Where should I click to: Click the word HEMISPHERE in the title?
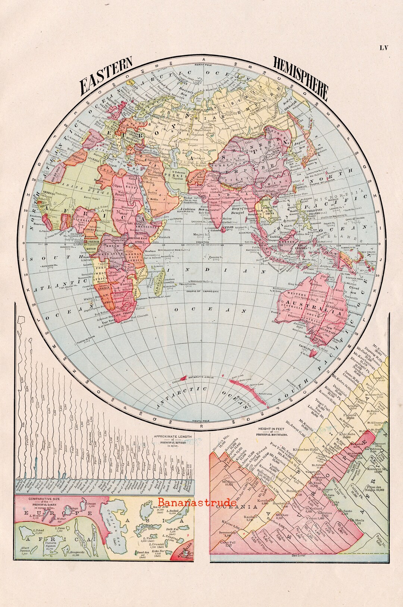[x=301, y=78]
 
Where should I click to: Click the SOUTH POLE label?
[x=201, y=421]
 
